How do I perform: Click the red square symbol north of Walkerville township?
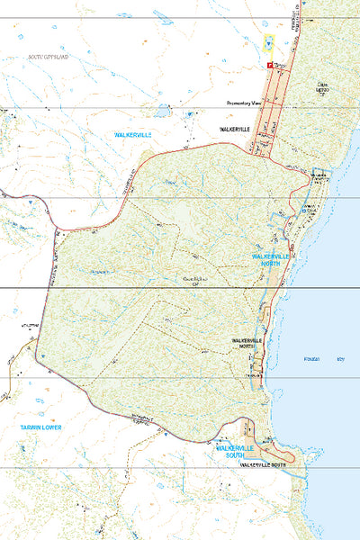coord(268,66)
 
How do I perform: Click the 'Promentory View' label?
coord(243,103)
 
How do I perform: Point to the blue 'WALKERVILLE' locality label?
coord(133,134)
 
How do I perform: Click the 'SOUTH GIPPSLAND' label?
coord(48,57)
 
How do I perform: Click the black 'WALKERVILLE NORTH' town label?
coord(248,344)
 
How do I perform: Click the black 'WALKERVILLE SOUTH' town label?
coord(262,465)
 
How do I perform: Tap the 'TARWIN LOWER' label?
coord(42,428)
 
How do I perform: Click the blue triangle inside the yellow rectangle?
coord(268,41)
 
